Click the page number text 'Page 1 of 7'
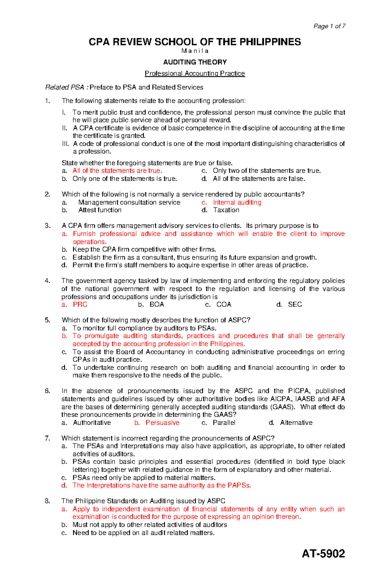[x=329, y=26]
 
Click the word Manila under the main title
[x=195, y=51]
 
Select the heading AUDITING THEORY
[x=195, y=62]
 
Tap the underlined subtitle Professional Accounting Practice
[x=195, y=74]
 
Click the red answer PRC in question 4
[x=80, y=304]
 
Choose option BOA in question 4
[x=157, y=304]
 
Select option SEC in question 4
[x=295, y=304]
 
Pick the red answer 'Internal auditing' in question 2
[x=237, y=202]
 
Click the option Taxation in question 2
[x=226, y=210]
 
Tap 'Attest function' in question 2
[x=100, y=210]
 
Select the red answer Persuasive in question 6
[x=162, y=422]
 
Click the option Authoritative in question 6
[x=92, y=422]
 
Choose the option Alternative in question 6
[x=296, y=422]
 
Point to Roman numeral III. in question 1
[x=65, y=144]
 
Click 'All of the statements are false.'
[x=259, y=179]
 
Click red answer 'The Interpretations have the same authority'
[x=161, y=485]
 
